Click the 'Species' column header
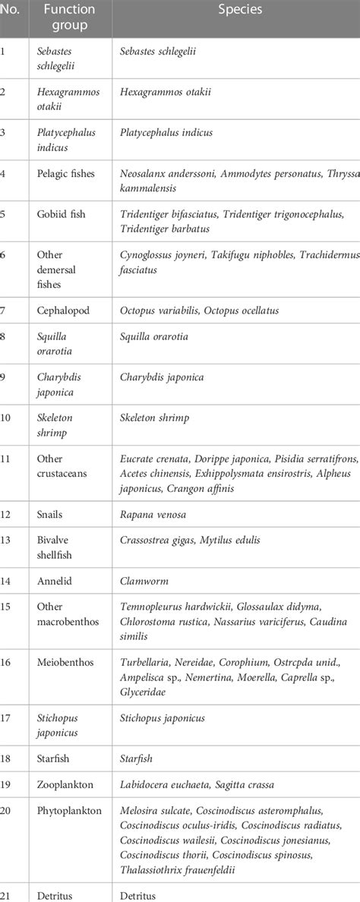point(236,11)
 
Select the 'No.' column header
point(10,11)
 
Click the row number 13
point(7,540)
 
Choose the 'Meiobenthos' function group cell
point(65,662)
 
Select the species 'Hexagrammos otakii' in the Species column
point(166,92)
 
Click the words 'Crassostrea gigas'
point(158,540)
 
